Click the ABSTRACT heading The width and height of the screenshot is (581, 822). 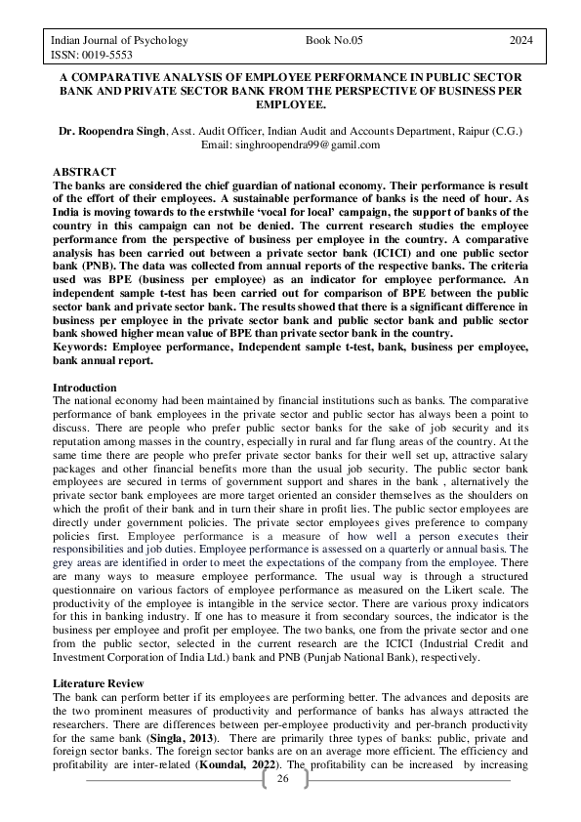[x=83, y=172]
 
